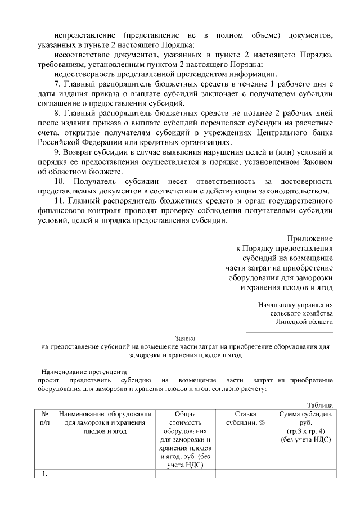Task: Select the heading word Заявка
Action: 185,339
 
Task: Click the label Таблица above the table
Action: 321,405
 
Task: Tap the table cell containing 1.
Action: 44,474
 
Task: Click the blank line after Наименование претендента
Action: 224,372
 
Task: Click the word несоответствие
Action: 82,55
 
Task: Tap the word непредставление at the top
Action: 84,35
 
